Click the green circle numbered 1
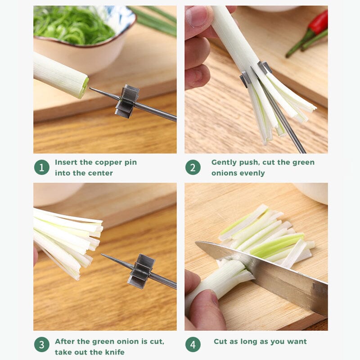(41, 167)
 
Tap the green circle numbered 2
(193, 167)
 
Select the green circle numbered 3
(41, 345)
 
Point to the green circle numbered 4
(193, 345)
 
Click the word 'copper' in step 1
(106, 162)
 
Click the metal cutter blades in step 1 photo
(127, 101)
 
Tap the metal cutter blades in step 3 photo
(141, 271)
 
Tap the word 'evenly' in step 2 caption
(252, 173)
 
